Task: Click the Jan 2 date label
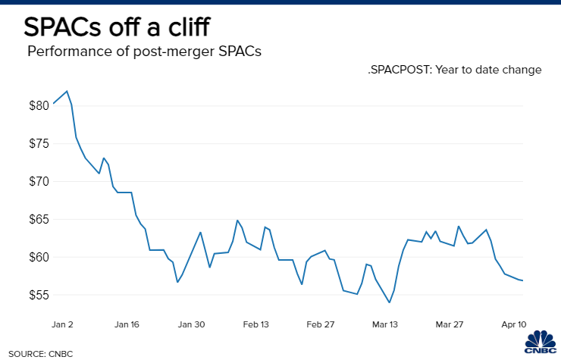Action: coord(61,324)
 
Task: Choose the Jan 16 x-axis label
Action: coord(126,324)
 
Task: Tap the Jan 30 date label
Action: coord(191,324)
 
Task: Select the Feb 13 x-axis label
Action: coord(255,324)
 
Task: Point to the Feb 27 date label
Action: coord(320,324)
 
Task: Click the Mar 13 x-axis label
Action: coord(385,324)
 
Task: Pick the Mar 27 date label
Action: coord(450,324)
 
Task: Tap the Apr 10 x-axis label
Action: coord(513,324)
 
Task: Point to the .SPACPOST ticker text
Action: coord(401,70)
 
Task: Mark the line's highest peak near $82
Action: coord(67,91)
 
